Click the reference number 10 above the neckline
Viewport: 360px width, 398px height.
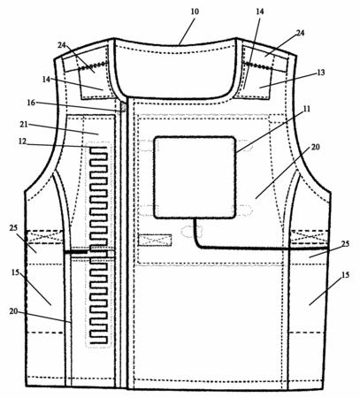[x=195, y=11]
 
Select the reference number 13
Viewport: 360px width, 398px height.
[x=321, y=73]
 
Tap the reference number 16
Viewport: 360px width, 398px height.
[x=31, y=103]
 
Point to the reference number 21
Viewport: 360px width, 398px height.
[x=24, y=125]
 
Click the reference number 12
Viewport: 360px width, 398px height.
[x=22, y=142]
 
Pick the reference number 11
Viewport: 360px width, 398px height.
[x=307, y=109]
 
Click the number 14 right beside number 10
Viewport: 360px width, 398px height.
[x=260, y=11]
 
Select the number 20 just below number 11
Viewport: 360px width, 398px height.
[x=315, y=147]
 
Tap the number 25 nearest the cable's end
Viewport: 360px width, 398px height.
[x=345, y=244]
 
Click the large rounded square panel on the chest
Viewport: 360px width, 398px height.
[x=195, y=177]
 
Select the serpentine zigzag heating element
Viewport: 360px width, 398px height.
[x=98, y=245]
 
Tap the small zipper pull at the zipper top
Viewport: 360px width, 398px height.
[x=123, y=106]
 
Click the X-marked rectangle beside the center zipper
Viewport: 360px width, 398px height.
[x=155, y=240]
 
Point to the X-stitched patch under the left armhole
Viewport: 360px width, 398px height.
[x=45, y=237]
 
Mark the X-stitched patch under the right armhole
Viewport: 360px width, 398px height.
[x=310, y=237]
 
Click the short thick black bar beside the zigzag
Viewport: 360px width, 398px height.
[x=76, y=252]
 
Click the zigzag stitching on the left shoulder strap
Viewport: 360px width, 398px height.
[x=92, y=65]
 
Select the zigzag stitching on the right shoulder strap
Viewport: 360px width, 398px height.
[x=259, y=66]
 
